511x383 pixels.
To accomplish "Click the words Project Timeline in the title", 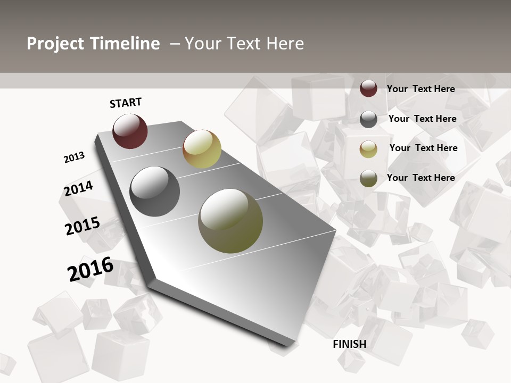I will click(93, 44).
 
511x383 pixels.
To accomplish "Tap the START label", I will click(126, 103).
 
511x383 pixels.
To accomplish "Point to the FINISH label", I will click(350, 344).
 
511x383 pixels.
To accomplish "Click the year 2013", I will click(74, 157).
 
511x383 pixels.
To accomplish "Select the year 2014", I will click(79, 188).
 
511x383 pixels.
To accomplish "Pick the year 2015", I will click(83, 226).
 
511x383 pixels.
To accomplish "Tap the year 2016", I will click(90, 269).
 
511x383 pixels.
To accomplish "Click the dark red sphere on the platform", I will click(130, 131).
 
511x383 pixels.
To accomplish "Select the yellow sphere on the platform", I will click(202, 149).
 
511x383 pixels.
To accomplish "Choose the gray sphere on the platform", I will click(155, 191).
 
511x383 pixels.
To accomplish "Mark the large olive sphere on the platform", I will click(230, 221).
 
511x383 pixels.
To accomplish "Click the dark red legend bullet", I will click(368, 88).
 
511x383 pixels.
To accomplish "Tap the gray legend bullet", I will click(368, 119).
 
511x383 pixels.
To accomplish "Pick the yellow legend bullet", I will click(368, 149).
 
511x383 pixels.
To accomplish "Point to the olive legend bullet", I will click(368, 178).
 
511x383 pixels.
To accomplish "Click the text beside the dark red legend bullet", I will click(421, 89).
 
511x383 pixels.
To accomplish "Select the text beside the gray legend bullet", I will click(423, 119).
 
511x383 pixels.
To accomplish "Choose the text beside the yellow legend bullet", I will click(424, 148).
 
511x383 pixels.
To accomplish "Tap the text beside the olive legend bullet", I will click(421, 178).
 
